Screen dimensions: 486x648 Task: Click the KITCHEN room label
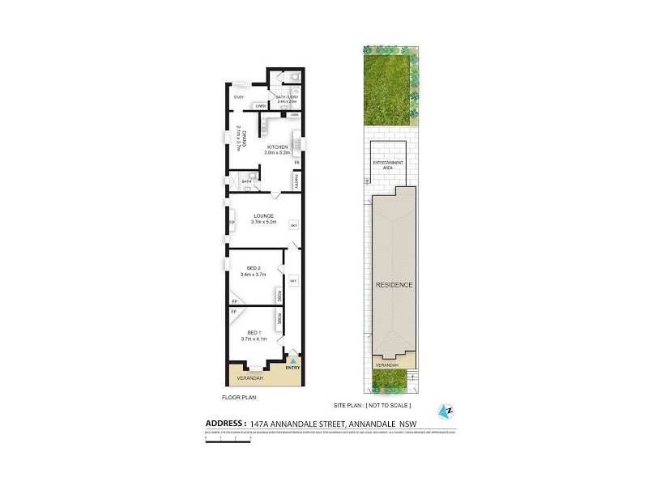pos(276,147)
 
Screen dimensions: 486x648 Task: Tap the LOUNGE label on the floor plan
pos(264,216)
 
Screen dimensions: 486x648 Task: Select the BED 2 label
pos(253,269)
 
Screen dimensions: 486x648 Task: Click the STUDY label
pos(239,98)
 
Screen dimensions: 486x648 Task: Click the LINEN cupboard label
pos(261,106)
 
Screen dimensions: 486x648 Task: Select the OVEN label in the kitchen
pos(295,115)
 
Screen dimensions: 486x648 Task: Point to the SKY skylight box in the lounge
pos(294,224)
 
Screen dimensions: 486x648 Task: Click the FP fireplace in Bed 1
pos(234,312)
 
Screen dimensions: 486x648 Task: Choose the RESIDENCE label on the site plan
pos(394,285)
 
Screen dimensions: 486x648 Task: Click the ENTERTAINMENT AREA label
pos(388,165)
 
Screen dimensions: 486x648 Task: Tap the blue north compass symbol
pos(445,411)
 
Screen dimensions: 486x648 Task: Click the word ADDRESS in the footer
pos(223,423)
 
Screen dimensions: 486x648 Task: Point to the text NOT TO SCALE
pos(389,405)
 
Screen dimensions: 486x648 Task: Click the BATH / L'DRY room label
pos(287,98)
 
